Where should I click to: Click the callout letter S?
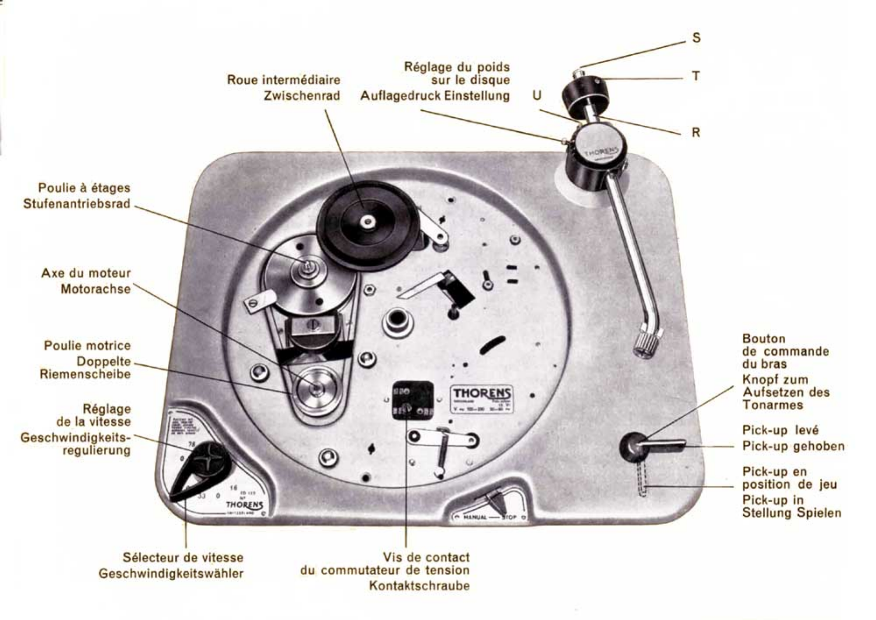click(x=696, y=38)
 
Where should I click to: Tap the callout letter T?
click(x=696, y=76)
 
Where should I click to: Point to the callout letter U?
click(x=537, y=95)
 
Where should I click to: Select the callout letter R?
click(x=696, y=132)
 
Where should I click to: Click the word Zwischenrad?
click(x=302, y=96)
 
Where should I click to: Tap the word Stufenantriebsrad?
click(x=77, y=204)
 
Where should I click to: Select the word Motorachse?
click(x=95, y=289)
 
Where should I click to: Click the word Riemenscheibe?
click(x=85, y=374)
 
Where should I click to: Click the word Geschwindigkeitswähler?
click(x=171, y=574)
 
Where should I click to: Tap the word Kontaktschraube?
click(x=419, y=586)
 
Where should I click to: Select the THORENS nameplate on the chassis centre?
click(x=482, y=398)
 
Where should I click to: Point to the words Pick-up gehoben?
click(x=793, y=446)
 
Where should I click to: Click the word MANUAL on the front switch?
click(x=475, y=518)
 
